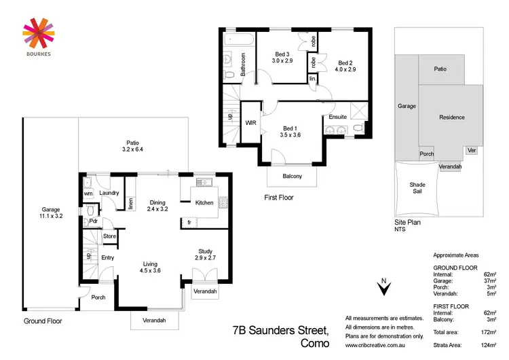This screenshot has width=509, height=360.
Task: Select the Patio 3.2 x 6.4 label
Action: tap(132, 145)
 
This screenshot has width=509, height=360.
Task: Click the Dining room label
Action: tap(157, 205)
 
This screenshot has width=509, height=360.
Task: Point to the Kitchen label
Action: tap(204, 202)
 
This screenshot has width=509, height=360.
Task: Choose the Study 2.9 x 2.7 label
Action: tap(205, 255)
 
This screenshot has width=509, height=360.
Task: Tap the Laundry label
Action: tap(109, 194)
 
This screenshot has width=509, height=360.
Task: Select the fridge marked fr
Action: tap(189, 222)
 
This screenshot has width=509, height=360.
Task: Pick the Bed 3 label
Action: tap(282, 58)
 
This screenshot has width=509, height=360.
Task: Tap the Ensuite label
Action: tap(337, 118)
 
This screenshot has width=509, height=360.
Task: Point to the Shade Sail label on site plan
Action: tap(417, 188)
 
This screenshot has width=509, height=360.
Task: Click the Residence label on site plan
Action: tap(451, 118)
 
